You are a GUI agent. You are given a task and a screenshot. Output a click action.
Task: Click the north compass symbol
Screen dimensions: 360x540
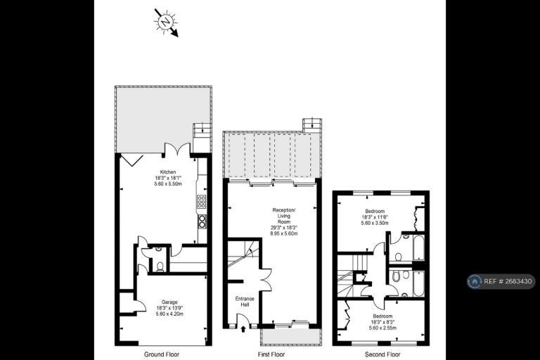coord(165,22)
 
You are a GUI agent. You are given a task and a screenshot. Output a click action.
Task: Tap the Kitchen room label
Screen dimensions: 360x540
coord(167,172)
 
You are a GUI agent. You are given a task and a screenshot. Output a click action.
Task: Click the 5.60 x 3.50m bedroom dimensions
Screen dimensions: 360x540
coord(374,223)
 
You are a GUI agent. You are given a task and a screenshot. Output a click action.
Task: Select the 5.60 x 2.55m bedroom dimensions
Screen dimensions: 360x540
coord(382,328)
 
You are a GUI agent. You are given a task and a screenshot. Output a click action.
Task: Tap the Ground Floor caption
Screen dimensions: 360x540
coord(162,354)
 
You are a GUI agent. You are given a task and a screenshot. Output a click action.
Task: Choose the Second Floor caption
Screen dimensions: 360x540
coord(382,354)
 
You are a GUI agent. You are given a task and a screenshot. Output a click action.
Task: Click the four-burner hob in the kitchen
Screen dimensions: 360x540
coord(202,202)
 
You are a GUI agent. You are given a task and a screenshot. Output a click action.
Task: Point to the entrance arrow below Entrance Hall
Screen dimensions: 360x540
coord(243,326)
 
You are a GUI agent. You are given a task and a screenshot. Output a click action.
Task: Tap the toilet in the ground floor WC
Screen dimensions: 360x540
coord(160,266)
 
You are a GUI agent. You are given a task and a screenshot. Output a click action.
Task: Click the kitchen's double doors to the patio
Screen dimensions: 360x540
coord(176,150)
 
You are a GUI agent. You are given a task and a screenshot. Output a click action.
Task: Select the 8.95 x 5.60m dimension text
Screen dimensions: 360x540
coord(284,233)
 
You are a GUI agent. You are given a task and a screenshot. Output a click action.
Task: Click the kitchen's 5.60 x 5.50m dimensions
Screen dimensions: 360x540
coord(167,184)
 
